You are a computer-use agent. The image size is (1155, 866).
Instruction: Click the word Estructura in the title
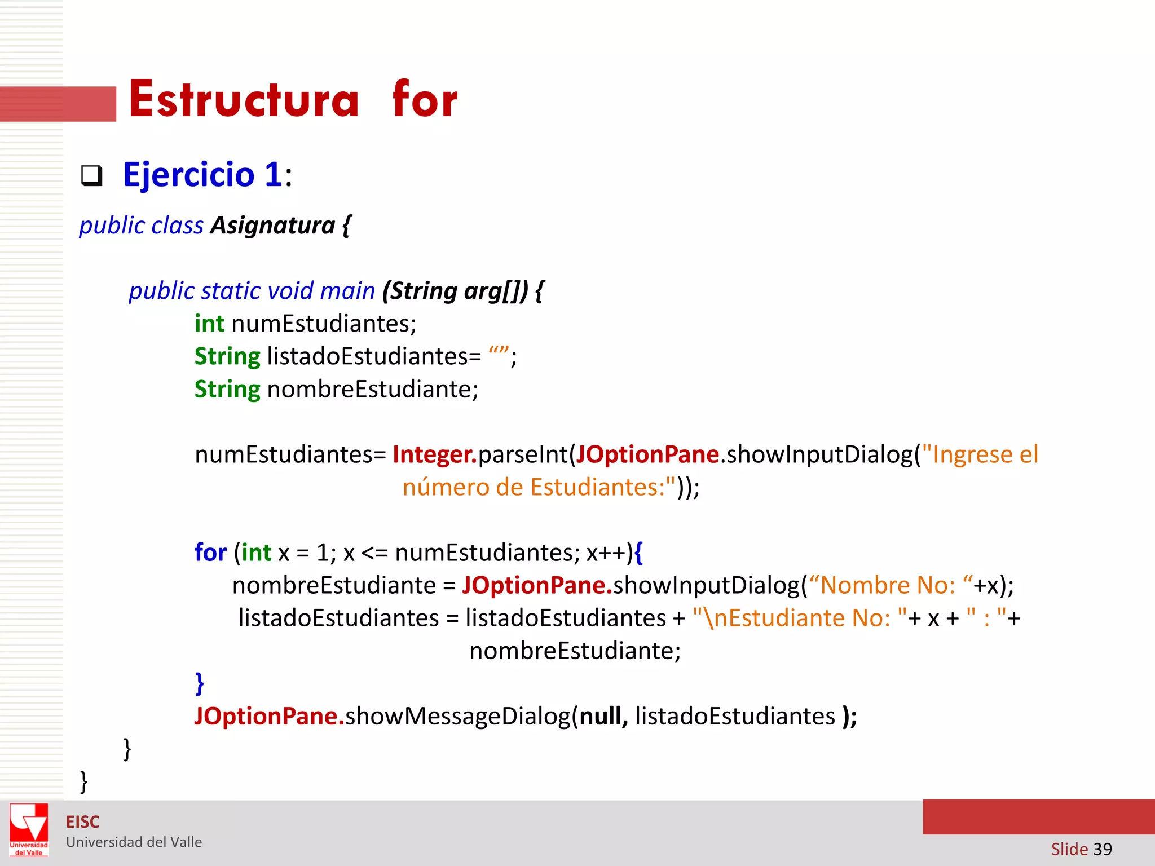(x=244, y=100)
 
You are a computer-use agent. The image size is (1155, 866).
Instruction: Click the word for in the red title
(x=425, y=100)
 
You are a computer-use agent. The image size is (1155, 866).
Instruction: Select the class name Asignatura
(x=273, y=226)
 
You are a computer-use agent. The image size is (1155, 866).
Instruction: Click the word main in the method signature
(x=347, y=291)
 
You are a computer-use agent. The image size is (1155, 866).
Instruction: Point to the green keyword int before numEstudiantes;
(x=209, y=324)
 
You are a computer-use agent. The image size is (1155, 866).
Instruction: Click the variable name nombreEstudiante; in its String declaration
(x=373, y=389)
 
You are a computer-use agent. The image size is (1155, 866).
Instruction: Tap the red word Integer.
(x=434, y=454)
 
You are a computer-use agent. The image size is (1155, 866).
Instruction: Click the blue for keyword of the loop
(x=210, y=553)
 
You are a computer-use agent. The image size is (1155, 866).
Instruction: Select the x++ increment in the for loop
(x=609, y=553)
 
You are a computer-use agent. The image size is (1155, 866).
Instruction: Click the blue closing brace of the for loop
(x=199, y=683)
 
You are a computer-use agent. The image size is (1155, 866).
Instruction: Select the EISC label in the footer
(x=83, y=822)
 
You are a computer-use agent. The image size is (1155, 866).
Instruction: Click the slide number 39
(x=1102, y=849)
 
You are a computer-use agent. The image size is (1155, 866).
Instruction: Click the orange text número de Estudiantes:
(x=539, y=487)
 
